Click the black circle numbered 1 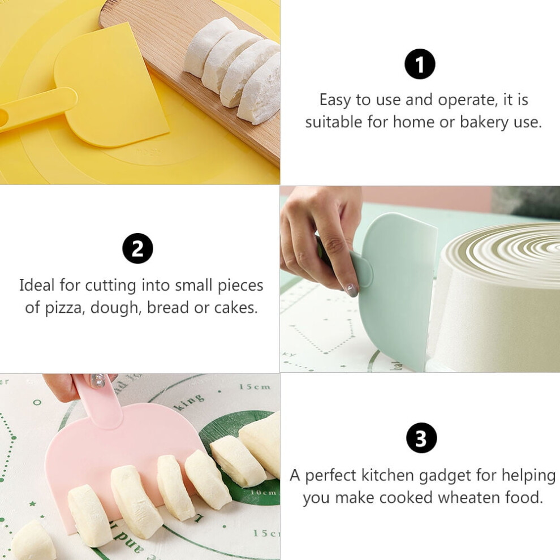(x=420, y=64)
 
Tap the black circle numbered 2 (x=137, y=248)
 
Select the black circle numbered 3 (x=421, y=438)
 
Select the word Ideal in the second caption (x=36, y=285)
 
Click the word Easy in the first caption (x=335, y=100)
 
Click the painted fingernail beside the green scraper (x=351, y=291)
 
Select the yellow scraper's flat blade (x=111, y=86)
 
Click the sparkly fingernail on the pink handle (x=98, y=381)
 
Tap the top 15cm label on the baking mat (x=255, y=387)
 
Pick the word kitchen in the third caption (x=389, y=475)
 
